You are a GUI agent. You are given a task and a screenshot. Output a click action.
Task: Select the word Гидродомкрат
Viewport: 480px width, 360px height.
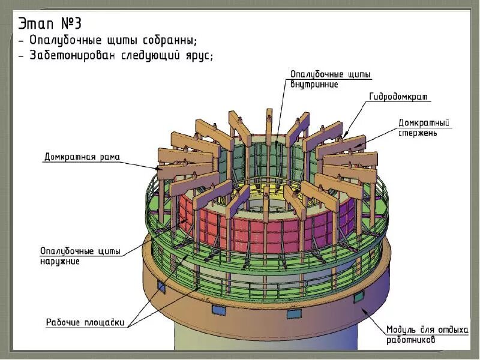(398, 97)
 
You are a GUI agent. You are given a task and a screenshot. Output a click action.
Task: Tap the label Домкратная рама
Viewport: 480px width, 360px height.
(82, 158)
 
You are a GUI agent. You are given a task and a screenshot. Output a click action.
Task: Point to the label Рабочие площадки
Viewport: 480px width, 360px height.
(86, 323)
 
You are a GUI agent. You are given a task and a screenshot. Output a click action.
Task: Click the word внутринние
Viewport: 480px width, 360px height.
(314, 85)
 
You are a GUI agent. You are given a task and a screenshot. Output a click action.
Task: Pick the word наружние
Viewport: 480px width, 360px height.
(59, 262)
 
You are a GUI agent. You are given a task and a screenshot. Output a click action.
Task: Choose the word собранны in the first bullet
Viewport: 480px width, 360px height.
(167, 40)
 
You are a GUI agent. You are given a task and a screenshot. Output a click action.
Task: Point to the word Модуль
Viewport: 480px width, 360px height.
(401, 330)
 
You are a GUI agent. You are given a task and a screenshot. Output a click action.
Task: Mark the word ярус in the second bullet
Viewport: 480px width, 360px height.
(199, 55)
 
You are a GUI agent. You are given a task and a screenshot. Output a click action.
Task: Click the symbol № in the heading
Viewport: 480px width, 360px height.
(65, 23)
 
